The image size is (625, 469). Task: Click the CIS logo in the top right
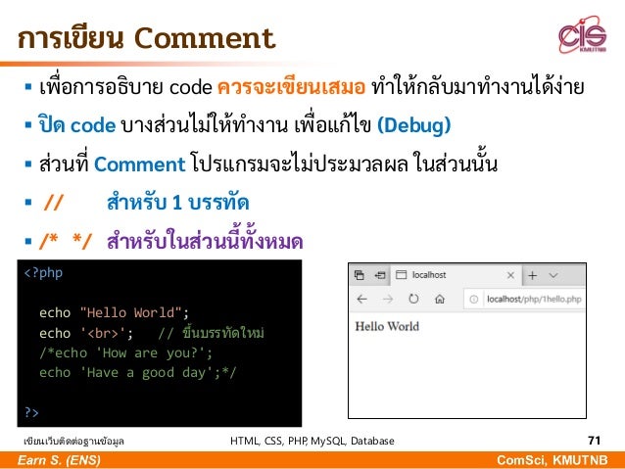point(582,38)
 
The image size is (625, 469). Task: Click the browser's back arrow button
point(361,299)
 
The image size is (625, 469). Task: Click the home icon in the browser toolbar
point(440,299)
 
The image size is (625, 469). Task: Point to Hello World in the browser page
point(386,327)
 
